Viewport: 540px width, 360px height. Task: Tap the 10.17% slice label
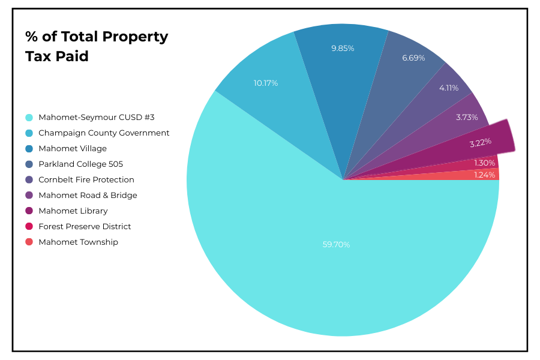266,83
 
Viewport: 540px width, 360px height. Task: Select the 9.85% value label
343,49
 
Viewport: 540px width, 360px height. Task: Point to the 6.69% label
413,58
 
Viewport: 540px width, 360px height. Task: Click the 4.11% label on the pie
449,88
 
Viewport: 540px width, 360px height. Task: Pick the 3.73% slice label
467,118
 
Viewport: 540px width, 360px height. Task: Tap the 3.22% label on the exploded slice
480,142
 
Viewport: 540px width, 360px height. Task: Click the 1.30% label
485,163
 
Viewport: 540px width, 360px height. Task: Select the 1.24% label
485,175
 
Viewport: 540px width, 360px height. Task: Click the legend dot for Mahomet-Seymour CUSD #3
29,118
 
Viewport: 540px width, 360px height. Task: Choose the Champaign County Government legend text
104,133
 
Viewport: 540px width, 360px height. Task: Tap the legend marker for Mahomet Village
29,149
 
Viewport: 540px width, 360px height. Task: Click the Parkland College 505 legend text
80,164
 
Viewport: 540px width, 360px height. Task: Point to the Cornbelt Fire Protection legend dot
29,180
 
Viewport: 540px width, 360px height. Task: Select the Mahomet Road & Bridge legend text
88,196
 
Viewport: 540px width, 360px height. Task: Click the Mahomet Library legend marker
29,211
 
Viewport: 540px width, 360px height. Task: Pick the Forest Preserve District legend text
85,227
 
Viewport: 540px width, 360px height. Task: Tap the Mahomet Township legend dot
29,242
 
